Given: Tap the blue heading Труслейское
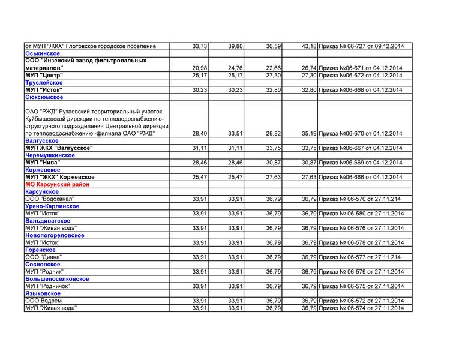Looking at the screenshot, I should (44, 83).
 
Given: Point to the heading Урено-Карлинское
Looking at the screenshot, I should (52, 206).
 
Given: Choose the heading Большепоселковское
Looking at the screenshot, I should (57, 279).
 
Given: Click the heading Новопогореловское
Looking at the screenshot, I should (55, 235).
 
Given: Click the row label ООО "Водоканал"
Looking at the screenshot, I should (49, 199).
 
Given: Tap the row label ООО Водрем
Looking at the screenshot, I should (43, 301).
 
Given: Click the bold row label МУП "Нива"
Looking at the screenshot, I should (43, 163).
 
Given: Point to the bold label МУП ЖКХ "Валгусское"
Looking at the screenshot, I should (59, 148).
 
